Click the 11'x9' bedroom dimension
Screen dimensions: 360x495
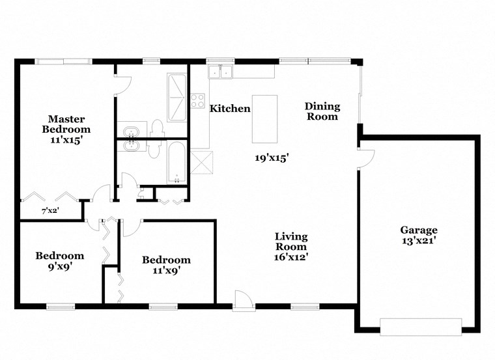(x=166, y=270)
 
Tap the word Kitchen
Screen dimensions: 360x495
(x=229, y=109)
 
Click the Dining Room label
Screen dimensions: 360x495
(x=322, y=111)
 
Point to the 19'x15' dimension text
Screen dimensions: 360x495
(x=272, y=157)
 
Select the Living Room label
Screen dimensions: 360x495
(x=290, y=242)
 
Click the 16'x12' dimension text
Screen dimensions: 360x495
(x=290, y=257)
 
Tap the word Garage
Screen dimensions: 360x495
(x=418, y=230)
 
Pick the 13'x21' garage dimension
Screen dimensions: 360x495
(x=418, y=240)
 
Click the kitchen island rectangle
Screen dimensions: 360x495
(x=264, y=118)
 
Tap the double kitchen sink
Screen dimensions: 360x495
(x=220, y=72)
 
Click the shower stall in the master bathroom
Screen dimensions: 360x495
(x=177, y=97)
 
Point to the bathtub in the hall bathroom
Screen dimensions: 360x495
(x=176, y=162)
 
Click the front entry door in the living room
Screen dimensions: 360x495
(x=242, y=299)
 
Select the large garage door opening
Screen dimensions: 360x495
(x=421, y=327)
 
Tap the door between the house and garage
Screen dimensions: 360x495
(x=366, y=158)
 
